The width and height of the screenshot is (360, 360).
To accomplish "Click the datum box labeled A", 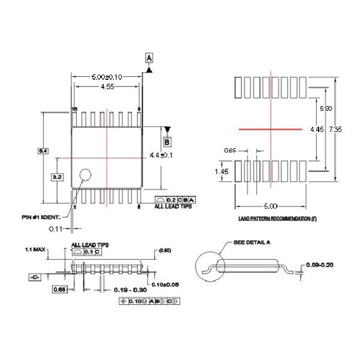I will pyautogui.click(x=149, y=58).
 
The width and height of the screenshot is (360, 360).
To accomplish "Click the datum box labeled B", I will pyautogui.click(x=167, y=142).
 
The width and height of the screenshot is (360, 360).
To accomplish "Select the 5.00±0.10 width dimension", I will pyautogui.click(x=106, y=77).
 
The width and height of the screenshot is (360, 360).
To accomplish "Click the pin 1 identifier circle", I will pyautogui.click(x=86, y=175).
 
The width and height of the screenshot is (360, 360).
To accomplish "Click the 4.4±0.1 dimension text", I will pyautogui.click(x=161, y=155).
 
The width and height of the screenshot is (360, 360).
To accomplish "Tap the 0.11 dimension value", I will pyautogui.click(x=56, y=229).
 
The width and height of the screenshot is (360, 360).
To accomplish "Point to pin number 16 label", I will pyautogui.click(x=75, y=109).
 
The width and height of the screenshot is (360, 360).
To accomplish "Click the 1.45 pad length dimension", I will pyautogui.click(x=221, y=172).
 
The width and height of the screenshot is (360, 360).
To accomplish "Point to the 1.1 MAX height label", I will pyautogui.click(x=36, y=249).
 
